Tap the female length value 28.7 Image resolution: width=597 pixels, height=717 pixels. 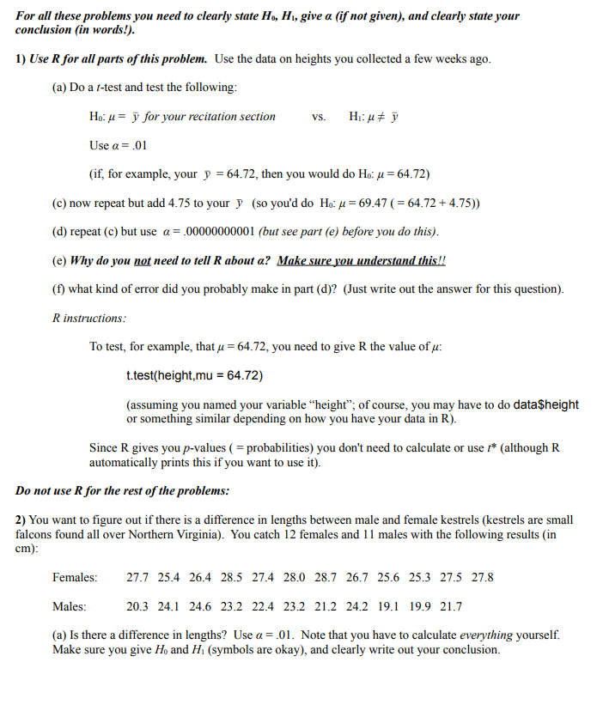(326, 578)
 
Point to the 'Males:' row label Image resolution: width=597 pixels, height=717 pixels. (69, 607)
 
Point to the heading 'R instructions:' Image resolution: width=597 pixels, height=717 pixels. (89, 318)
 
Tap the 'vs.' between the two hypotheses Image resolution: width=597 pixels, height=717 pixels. (319, 117)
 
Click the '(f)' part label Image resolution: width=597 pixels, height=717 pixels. (59, 289)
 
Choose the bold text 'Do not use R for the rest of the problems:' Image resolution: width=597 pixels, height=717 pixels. (123, 491)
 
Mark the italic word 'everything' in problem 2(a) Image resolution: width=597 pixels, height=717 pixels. (485, 635)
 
